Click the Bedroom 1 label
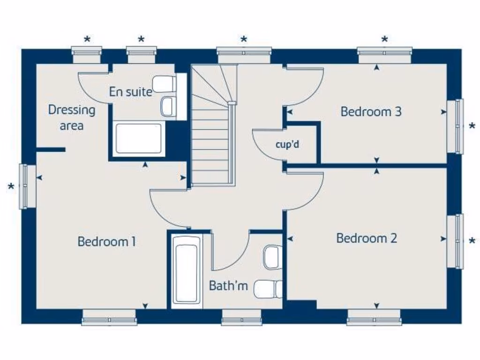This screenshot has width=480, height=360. (x=107, y=242)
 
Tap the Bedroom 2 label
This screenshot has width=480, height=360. (x=367, y=238)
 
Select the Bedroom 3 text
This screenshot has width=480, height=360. (x=371, y=112)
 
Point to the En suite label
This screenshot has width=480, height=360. (x=130, y=92)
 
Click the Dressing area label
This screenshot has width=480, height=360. (x=72, y=118)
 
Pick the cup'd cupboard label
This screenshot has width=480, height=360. (x=287, y=144)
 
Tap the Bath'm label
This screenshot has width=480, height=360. (x=228, y=285)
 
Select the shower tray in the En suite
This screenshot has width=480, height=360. (x=138, y=138)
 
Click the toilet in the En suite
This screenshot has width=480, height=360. (x=165, y=83)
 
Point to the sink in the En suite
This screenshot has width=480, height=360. (x=167, y=106)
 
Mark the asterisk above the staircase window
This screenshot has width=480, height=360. (x=244, y=40)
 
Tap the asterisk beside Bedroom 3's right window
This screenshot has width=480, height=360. (x=472, y=126)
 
